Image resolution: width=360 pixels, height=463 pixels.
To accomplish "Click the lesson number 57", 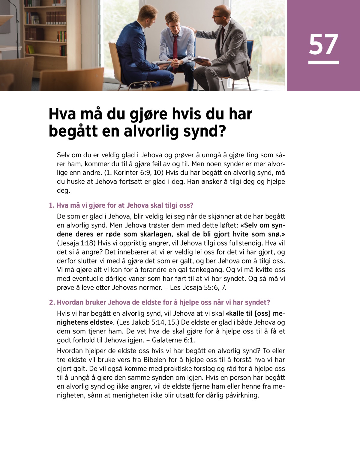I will [323, 44].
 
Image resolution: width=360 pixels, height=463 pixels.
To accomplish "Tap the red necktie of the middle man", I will [175, 48].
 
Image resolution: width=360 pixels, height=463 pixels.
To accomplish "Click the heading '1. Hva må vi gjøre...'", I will [121, 205].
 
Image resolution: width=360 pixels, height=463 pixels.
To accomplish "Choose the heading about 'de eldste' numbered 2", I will [160, 302].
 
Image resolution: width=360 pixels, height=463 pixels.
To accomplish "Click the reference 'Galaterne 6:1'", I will [173, 340].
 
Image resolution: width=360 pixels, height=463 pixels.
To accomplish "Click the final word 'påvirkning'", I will [241, 395].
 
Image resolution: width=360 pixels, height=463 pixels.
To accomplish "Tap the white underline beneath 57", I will [323, 62].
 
